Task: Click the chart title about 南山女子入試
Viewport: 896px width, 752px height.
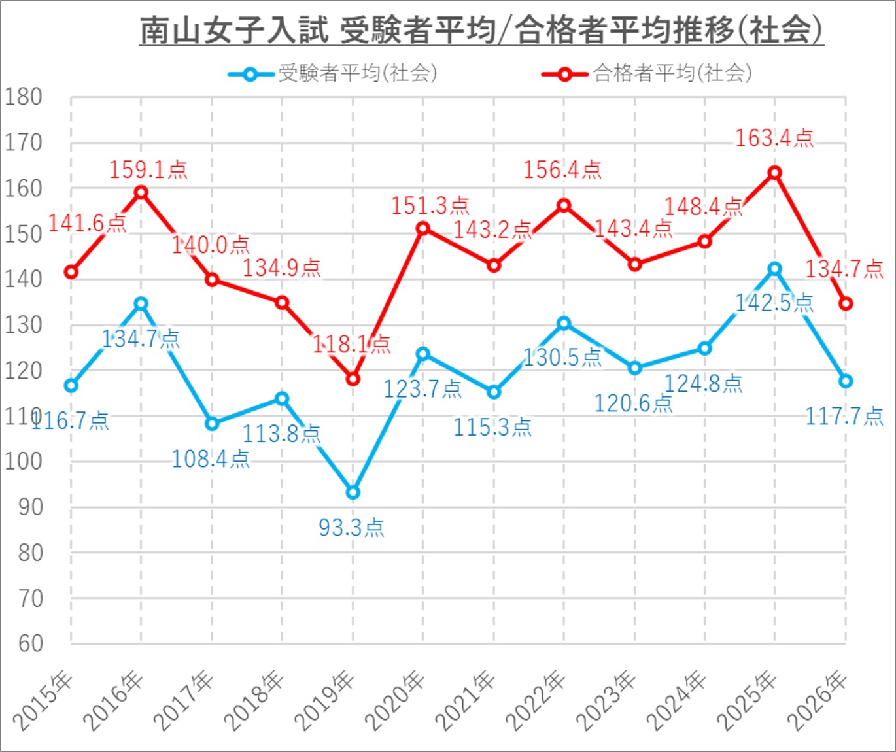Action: click(x=481, y=30)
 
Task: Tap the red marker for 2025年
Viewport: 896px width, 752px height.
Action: click(x=775, y=173)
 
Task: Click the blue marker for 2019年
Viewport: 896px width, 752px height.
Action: click(x=353, y=492)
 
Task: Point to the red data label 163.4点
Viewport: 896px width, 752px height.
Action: click(x=774, y=139)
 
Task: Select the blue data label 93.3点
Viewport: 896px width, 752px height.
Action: click(x=351, y=527)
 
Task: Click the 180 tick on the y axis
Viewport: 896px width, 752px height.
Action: click(x=24, y=97)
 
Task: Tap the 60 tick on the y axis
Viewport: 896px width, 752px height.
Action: click(x=30, y=643)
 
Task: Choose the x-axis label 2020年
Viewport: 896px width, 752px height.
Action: click(x=394, y=701)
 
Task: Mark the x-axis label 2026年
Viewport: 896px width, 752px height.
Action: click(x=818, y=701)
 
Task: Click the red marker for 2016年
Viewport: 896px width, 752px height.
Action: click(x=141, y=192)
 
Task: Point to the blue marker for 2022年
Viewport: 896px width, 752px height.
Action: click(x=564, y=323)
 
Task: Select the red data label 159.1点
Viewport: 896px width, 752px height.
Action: click(x=148, y=170)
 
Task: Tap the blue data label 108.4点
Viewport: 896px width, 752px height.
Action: click(x=211, y=459)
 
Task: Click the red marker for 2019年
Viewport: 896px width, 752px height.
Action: click(x=353, y=379)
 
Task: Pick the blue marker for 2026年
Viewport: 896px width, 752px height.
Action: click(x=846, y=381)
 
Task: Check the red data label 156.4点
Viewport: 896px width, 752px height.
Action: click(x=562, y=170)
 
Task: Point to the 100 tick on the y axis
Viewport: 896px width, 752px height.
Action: click(x=24, y=462)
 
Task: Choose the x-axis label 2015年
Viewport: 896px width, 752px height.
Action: click(x=43, y=701)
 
